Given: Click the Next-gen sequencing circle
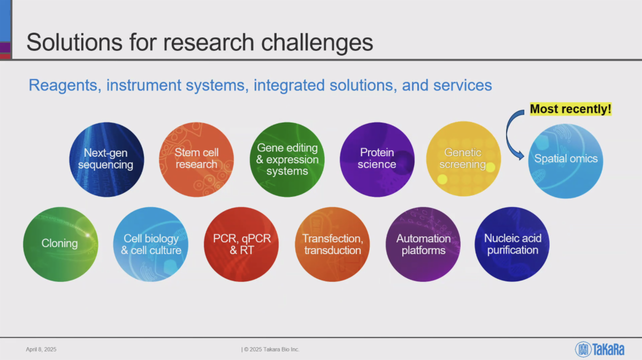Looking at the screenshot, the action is (x=106, y=159).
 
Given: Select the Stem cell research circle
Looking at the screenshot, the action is (x=196, y=159).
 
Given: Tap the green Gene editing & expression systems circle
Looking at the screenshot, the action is (x=287, y=159).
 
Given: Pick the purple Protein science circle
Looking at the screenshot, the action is (x=377, y=159).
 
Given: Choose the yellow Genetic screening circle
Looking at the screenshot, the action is (x=463, y=159).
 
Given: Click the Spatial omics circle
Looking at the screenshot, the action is (x=565, y=161).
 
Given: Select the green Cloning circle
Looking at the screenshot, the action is (x=60, y=244).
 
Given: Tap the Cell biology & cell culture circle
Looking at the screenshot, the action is (x=151, y=244).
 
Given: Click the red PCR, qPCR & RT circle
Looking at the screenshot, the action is (x=241, y=244).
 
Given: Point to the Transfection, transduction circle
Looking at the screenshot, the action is (x=332, y=244).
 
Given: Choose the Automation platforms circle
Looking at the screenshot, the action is (x=423, y=244).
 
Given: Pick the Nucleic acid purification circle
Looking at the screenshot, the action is (x=512, y=244).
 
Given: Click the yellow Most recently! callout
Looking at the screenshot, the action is (x=571, y=109).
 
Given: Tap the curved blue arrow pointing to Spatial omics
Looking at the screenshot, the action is (x=507, y=134).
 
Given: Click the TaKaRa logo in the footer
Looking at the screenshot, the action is (x=600, y=349).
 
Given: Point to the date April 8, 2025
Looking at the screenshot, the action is (x=41, y=349).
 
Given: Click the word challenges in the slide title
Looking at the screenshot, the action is (x=317, y=42).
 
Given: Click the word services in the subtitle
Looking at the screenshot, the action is (x=463, y=86).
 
